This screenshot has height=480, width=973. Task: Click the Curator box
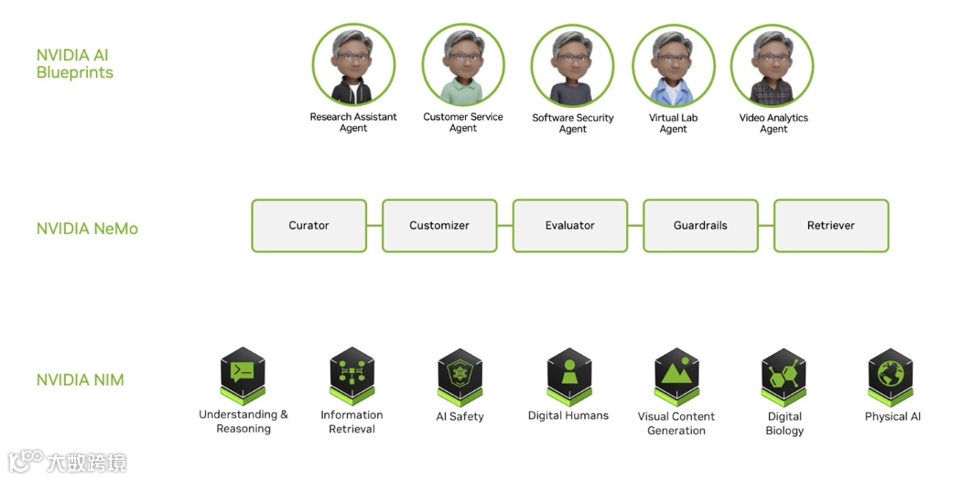tap(309, 226)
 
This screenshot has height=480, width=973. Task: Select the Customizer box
tap(439, 226)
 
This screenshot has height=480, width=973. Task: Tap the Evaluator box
tap(569, 226)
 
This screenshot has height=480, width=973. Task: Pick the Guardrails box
tap(700, 226)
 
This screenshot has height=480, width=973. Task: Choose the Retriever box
tap(831, 226)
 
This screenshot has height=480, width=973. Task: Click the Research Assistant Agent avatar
tap(353, 66)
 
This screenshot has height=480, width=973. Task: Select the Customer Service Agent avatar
tap(463, 66)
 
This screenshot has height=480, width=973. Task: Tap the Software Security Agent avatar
tap(572, 66)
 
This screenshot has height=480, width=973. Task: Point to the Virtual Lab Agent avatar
tap(673, 66)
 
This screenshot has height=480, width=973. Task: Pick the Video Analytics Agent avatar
tap(773, 66)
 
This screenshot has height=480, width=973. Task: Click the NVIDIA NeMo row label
tap(87, 229)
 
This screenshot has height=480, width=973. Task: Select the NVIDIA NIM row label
tap(80, 380)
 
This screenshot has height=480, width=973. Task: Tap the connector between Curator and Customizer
tap(374, 226)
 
